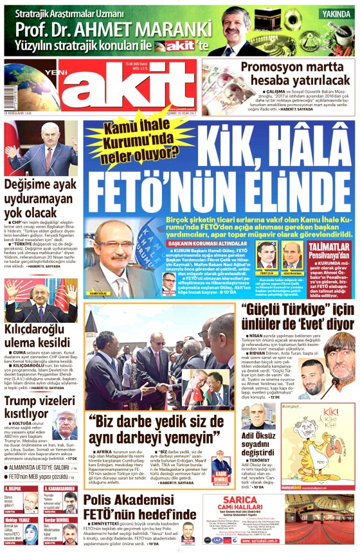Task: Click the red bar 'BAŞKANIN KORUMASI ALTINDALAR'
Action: [205, 244]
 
